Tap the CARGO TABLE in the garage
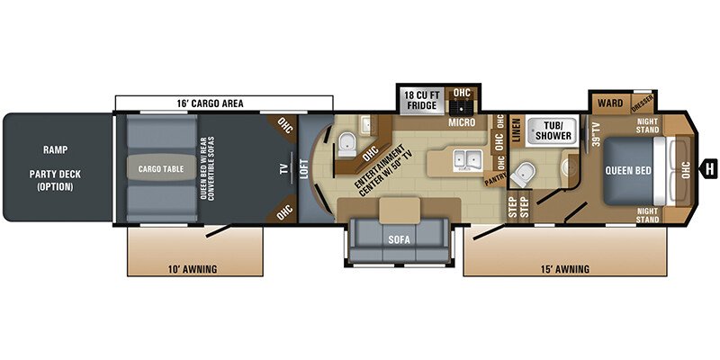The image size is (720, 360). click(161, 168)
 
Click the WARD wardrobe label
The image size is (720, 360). click(609, 103)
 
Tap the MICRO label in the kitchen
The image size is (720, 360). click(462, 121)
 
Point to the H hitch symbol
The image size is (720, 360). click(710, 167)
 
